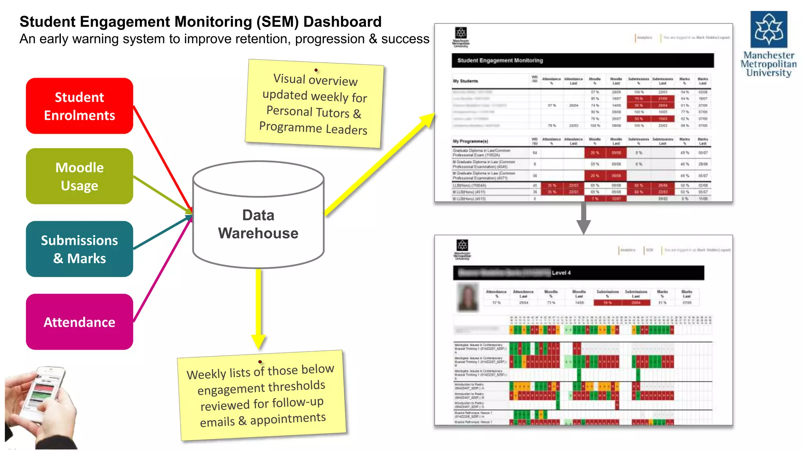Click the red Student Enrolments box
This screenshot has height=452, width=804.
coord(79,106)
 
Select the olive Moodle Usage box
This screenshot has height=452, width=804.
coord(79,176)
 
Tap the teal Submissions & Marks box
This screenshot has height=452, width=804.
coord(79,249)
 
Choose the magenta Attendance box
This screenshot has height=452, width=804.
coord(79,322)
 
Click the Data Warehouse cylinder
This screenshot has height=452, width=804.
coord(258,224)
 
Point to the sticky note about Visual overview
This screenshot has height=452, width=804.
coord(314,104)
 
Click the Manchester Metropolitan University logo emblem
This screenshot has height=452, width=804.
coord(769,29)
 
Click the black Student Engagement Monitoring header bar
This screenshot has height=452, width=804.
coord(583,60)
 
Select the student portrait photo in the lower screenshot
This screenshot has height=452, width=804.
coord(468,297)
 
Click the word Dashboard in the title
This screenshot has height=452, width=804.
coord(342,22)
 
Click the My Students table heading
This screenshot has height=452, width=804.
coord(465,81)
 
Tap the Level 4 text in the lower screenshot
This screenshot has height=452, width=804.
coord(561,273)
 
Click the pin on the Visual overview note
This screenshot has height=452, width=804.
coord(316,70)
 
